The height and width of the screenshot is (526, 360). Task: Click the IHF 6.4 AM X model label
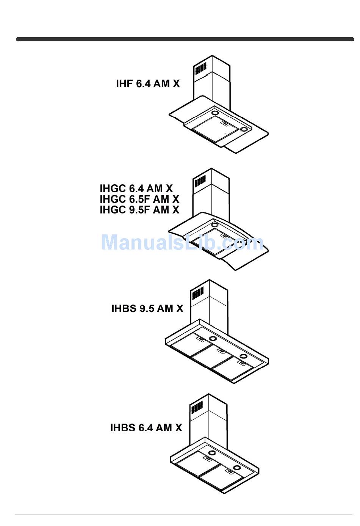(148, 83)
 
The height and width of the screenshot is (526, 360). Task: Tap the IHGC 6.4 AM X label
(136, 188)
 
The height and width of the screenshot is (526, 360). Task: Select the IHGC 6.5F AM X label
(139, 199)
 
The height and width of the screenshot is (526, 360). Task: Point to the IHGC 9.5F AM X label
(139, 209)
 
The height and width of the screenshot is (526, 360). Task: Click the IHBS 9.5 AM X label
(147, 308)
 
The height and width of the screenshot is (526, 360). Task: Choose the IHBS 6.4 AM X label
(146, 427)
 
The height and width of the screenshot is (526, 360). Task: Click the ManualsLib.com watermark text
(182, 242)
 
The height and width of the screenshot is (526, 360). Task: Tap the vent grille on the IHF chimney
(200, 69)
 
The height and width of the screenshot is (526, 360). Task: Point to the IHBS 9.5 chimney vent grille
(197, 293)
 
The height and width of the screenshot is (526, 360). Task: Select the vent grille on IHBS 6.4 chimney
(197, 408)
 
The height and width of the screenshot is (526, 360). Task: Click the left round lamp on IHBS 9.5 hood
(213, 339)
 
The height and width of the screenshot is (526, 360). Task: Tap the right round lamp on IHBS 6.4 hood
(237, 467)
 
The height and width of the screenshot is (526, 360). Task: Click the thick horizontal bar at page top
(185, 39)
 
